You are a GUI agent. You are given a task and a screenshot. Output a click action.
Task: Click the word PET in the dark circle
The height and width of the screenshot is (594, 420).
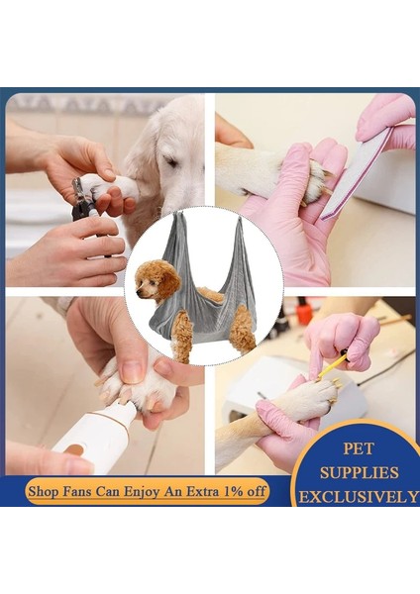[x=360, y=447]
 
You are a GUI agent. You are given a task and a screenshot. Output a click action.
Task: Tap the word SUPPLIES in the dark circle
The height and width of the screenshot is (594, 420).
[x=359, y=472]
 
